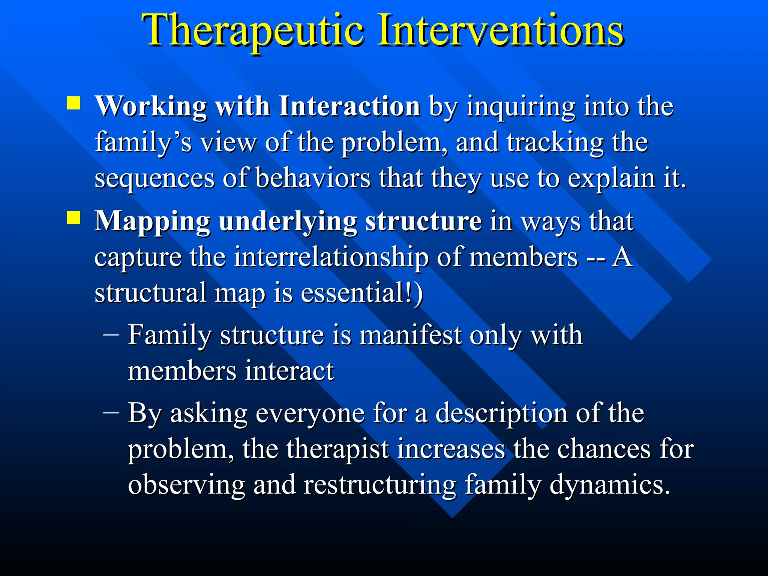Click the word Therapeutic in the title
coord(252,31)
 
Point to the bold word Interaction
coord(349,107)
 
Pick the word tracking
coord(555,143)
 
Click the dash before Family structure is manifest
coord(111,333)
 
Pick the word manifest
coord(411,334)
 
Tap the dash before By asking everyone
coord(111,412)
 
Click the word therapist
coord(338,449)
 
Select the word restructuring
coord(380,485)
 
